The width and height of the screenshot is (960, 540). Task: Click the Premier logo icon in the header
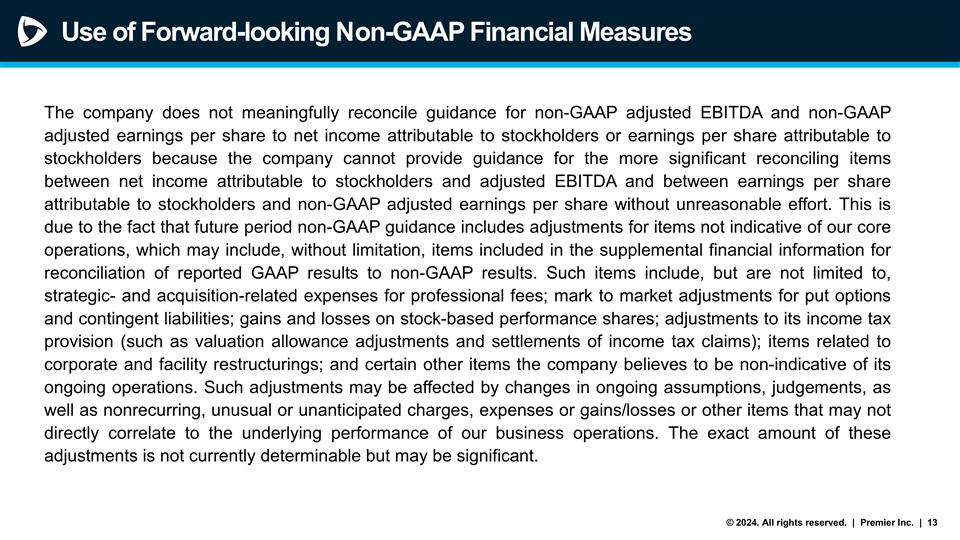pyautogui.click(x=32, y=32)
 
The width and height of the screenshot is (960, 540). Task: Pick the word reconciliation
pyautogui.click(x=95, y=273)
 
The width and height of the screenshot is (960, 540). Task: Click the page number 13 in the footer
pyautogui.click(x=932, y=523)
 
